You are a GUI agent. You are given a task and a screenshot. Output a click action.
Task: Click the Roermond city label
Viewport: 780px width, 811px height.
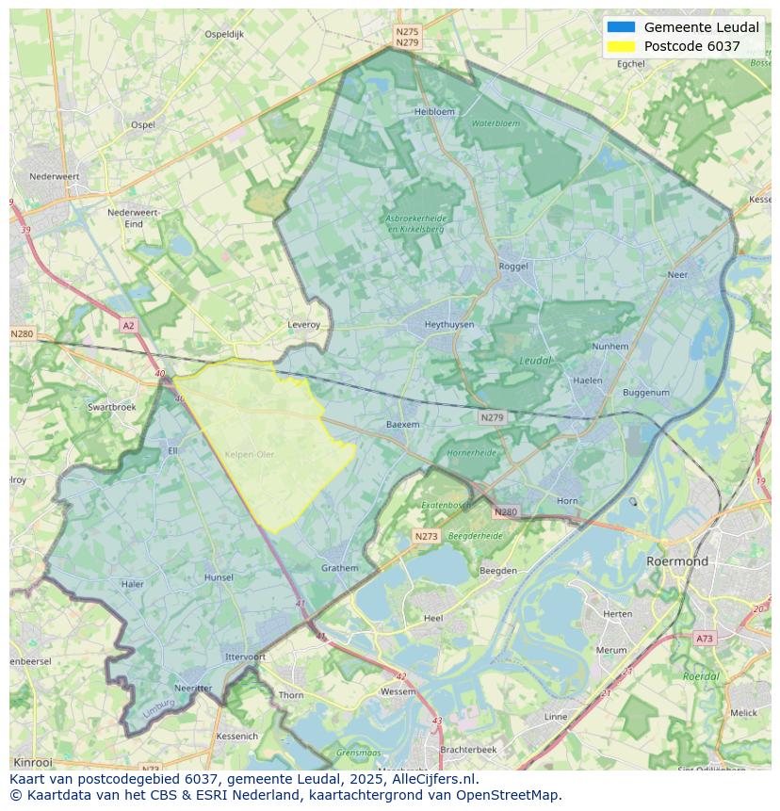coord(676,561)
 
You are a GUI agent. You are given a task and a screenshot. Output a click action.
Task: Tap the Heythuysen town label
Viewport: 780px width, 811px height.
coord(448,325)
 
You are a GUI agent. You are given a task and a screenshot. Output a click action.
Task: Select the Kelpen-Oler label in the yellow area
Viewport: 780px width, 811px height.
coord(250,455)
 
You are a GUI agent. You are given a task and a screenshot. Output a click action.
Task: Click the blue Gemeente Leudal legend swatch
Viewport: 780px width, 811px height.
coord(621,27)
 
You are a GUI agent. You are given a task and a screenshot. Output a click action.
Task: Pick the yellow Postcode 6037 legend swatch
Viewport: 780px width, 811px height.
coord(621,46)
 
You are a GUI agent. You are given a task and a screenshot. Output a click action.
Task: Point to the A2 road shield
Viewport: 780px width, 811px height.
coord(128,326)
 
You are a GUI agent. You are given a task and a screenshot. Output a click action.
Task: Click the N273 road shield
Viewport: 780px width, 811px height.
coord(426,536)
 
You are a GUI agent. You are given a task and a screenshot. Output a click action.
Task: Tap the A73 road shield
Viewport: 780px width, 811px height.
coord(704,639)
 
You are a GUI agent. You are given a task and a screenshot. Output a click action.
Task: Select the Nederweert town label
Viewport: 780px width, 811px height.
coord(54,176)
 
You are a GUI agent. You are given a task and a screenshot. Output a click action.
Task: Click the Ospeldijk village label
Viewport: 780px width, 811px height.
coord(224,34)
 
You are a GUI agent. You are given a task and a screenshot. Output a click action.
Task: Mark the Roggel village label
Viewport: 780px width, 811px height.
coord(513,267)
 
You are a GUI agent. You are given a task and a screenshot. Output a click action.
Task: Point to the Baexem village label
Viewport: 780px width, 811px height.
coord(402,425)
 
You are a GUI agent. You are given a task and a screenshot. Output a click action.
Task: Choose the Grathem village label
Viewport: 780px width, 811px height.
coord(339,568)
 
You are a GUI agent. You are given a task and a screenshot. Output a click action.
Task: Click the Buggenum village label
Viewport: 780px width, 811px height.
coord(645,393)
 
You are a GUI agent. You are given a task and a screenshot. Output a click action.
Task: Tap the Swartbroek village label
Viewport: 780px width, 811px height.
coord(111,408)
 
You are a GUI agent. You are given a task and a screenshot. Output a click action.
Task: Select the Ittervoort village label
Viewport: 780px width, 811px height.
coord(245,657)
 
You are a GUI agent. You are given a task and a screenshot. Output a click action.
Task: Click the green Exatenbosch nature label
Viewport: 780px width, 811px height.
coord(443,506)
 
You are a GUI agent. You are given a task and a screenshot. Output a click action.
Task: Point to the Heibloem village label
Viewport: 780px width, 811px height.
coord(434,111)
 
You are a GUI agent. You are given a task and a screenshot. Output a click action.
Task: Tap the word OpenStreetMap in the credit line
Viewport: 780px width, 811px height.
coord(510,795)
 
